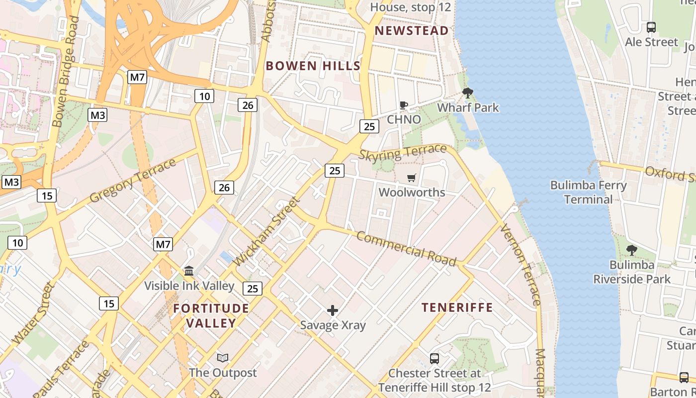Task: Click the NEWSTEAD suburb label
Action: [x=412, y=31]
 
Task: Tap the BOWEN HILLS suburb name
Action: [x=313, y=66]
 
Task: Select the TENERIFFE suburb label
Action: [x=457, y=307]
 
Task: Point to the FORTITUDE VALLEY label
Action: [x=211, y=316]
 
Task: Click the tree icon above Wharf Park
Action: [x=467, y=93]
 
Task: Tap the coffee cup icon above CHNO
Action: [x=404, y=105]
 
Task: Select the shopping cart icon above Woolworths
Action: [x=412, y=178]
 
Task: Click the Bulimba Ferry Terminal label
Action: [x=589, y=193]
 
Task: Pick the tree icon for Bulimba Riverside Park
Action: [x=632, y=250]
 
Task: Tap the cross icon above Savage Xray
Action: [x=333, y=311]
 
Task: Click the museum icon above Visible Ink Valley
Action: [x=189, y=271]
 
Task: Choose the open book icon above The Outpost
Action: [x=223, y=358]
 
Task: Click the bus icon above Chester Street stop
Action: [x=435, y=358]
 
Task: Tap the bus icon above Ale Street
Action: [x=651, y=27]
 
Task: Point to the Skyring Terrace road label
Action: [x=403, y=152]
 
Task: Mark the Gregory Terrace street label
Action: [x=133, y=181]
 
